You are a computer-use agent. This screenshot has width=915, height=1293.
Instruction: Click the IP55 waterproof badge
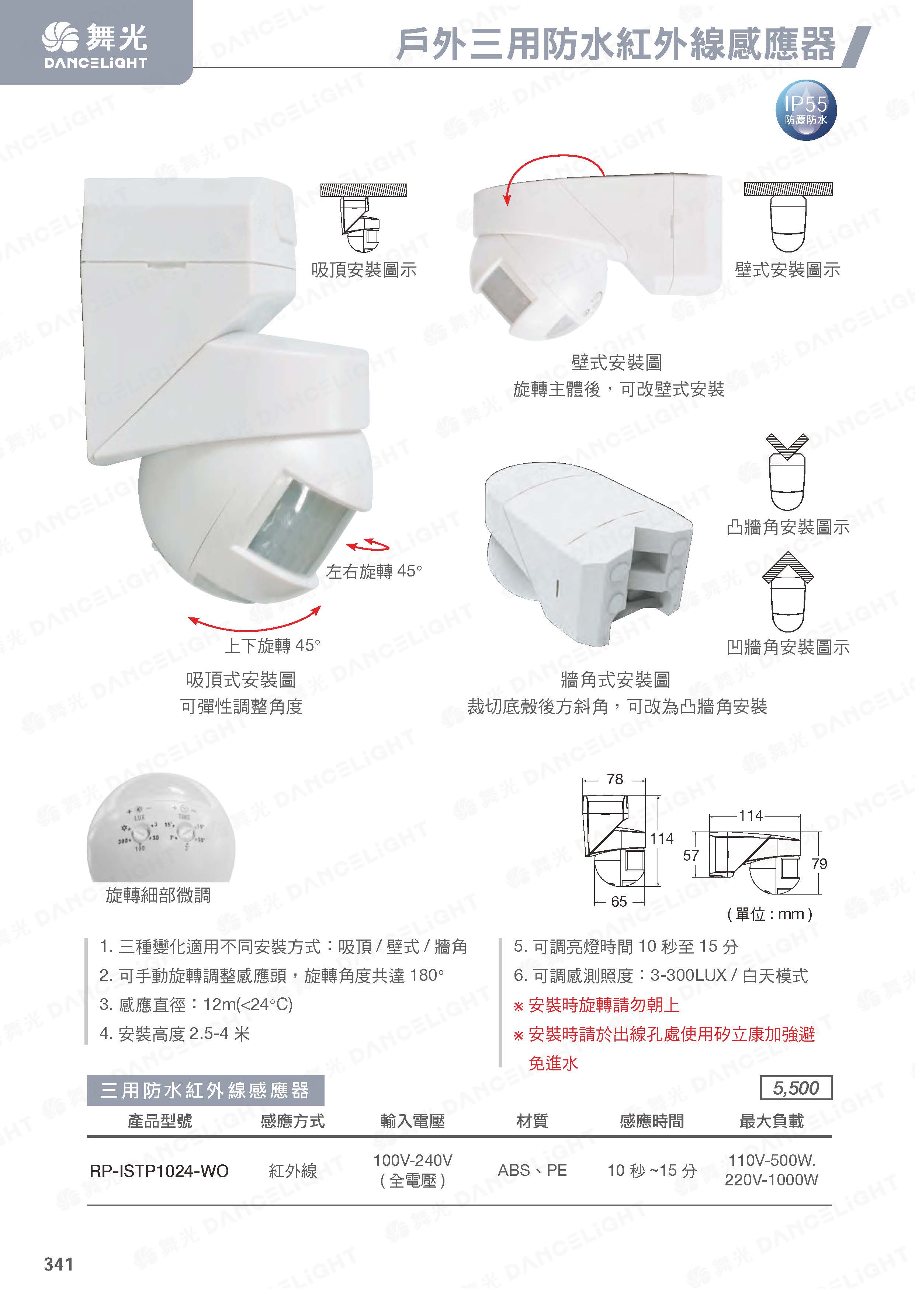pyautogui.click(x=806, y=109)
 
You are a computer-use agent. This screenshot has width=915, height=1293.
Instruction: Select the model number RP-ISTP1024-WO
pyautogui.click(x=159, y=1171)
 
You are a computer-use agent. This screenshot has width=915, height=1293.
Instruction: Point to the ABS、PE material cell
pyautogui.click(x=532, y=1170)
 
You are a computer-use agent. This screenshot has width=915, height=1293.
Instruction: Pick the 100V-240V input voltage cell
pyautogui.click(x=413, y=1170)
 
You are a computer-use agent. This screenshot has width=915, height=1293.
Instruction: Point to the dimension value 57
pyautogui.click(x=691, y=855)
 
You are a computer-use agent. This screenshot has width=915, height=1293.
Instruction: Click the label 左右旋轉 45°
pyautogui.click(x=374, y=572)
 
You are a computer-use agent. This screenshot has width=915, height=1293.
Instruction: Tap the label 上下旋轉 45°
pyautogui.click(x=272, y=645)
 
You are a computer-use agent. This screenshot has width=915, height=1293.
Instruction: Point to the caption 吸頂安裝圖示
pyautogui.click(x=364, y=270)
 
